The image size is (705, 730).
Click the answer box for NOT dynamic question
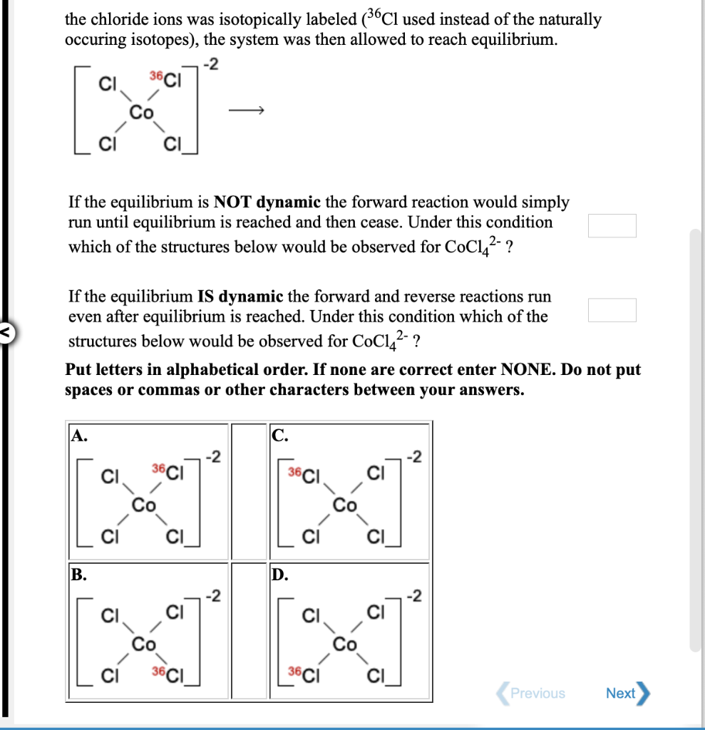coord(612,225)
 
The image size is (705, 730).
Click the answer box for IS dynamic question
coord(612,310)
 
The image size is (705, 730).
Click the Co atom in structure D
coord(346,644)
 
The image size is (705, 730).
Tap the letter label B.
coord(78,575)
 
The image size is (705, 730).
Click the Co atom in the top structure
coord(143,111)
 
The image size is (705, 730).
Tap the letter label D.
coord(279,575)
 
